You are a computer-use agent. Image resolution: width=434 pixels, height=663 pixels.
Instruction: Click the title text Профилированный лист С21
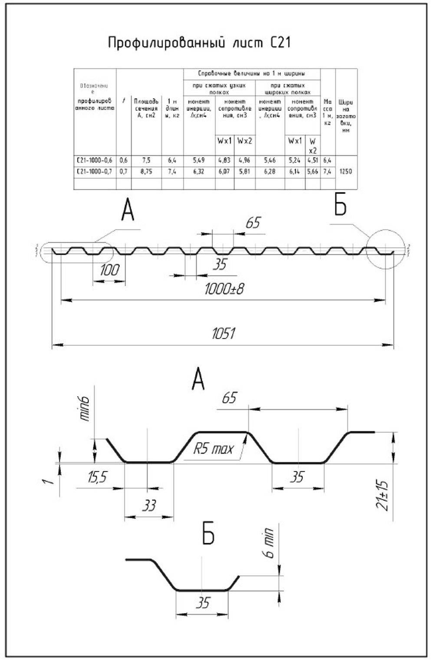(x=199, y=43)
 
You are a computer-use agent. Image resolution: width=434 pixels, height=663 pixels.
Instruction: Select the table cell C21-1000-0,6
(x=94, y=161)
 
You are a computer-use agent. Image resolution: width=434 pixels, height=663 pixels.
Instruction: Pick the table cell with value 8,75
(x=146, y=172)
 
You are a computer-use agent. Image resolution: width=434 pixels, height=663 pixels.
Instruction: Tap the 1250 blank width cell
(x=346, y=171)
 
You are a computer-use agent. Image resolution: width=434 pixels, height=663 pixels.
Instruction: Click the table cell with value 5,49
(x=199, y=161)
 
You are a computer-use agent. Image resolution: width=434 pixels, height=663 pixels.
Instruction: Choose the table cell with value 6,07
(x=224, y=172)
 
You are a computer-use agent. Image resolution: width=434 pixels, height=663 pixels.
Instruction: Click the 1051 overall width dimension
(x=224, y=333)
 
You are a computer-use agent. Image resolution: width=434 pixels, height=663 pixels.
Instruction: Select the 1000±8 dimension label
(x=224, y=289)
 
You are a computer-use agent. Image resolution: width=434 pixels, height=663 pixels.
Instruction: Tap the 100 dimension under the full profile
(x=109, y=270)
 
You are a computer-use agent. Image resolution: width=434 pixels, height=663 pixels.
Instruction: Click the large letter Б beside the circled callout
(x=340, y=206)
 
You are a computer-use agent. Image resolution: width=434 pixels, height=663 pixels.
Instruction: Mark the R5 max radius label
(x=213, y=448)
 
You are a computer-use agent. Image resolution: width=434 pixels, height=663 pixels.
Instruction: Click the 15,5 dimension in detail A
(x=97, y=478)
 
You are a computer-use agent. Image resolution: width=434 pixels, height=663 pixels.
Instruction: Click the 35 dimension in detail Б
(x=202, y=603)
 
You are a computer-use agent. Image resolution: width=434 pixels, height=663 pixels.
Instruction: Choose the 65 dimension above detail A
(x=229, y=398)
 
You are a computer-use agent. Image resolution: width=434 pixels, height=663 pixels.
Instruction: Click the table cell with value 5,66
(x=312, y=172)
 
